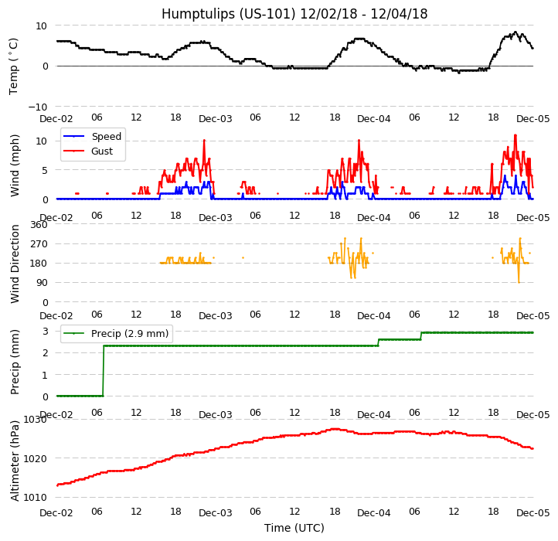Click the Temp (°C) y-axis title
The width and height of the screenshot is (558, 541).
(14, 66)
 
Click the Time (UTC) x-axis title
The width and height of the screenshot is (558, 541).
(294, 529)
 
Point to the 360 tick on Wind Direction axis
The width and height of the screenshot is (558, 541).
(39, 225)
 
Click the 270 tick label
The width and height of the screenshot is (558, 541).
(39, 244)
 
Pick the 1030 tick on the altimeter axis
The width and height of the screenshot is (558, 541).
(36, 420)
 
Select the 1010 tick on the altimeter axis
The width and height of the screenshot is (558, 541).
(36, 497)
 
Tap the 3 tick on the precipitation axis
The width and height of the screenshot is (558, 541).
(45, 331)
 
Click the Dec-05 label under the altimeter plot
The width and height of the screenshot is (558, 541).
(532, 513)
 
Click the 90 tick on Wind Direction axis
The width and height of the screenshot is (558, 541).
(42, 284)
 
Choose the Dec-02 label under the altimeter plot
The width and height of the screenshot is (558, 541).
(56, 513)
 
